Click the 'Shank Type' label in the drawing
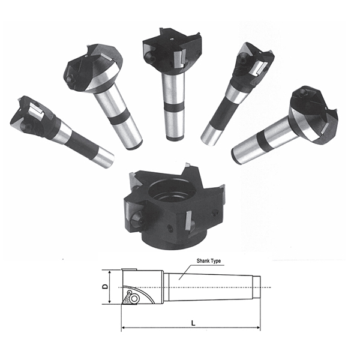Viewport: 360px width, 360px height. tap(208, 261)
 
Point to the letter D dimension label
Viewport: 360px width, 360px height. tap(105, 287)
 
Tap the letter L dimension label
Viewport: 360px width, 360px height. tap(193, 323)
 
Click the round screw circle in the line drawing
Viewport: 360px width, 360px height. tap(134, 298)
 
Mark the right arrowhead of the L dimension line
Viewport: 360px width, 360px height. tap(258, 328)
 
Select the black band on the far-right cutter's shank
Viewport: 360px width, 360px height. tap(262, 141)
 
